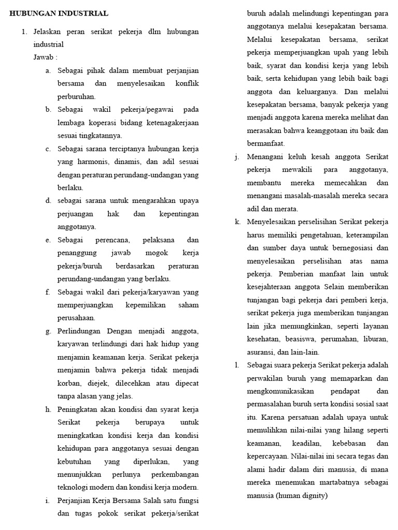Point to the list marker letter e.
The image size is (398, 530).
pos(48,240)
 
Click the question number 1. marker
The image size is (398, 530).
pos(24,32)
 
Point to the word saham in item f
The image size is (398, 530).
pos(189,305)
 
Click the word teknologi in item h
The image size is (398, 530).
pos(77,488)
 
